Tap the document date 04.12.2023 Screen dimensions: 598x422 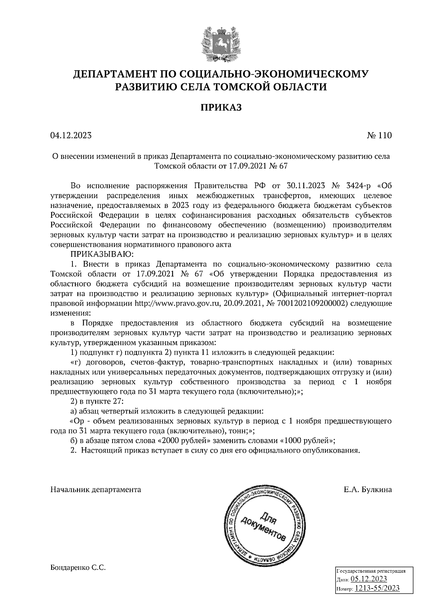point(71,136)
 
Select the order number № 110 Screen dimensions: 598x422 point(379,136)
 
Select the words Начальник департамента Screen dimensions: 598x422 point(96,490)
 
